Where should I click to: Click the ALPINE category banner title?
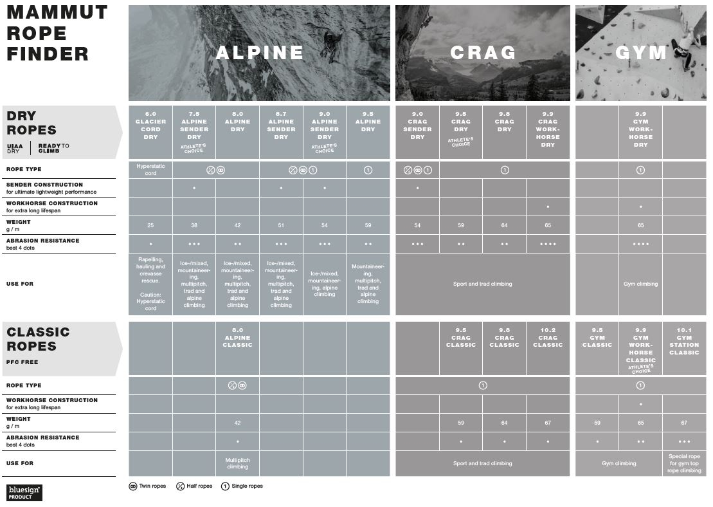coord(259,53)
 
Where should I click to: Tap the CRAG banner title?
coord(483,53)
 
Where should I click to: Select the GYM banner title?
coord(640,53)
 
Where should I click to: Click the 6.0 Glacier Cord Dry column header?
coord(150,125)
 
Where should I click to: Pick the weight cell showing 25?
coord(150,225)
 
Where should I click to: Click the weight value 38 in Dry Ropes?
coord(194,225)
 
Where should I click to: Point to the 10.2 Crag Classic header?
coord(548,337)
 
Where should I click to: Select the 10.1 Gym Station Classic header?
coord(684,341)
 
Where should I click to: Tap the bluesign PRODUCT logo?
coord(24,492)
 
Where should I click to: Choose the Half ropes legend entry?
coord(194,486)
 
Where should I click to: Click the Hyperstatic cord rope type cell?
coord(150,170)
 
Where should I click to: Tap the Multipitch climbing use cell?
coord(237,463)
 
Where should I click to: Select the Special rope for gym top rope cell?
coord(684,463)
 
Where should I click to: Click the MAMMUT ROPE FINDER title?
coord(57,33)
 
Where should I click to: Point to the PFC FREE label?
coord(22,362)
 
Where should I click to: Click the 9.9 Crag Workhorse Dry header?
coord(548,129)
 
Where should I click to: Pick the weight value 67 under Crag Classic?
coord(548,423)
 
